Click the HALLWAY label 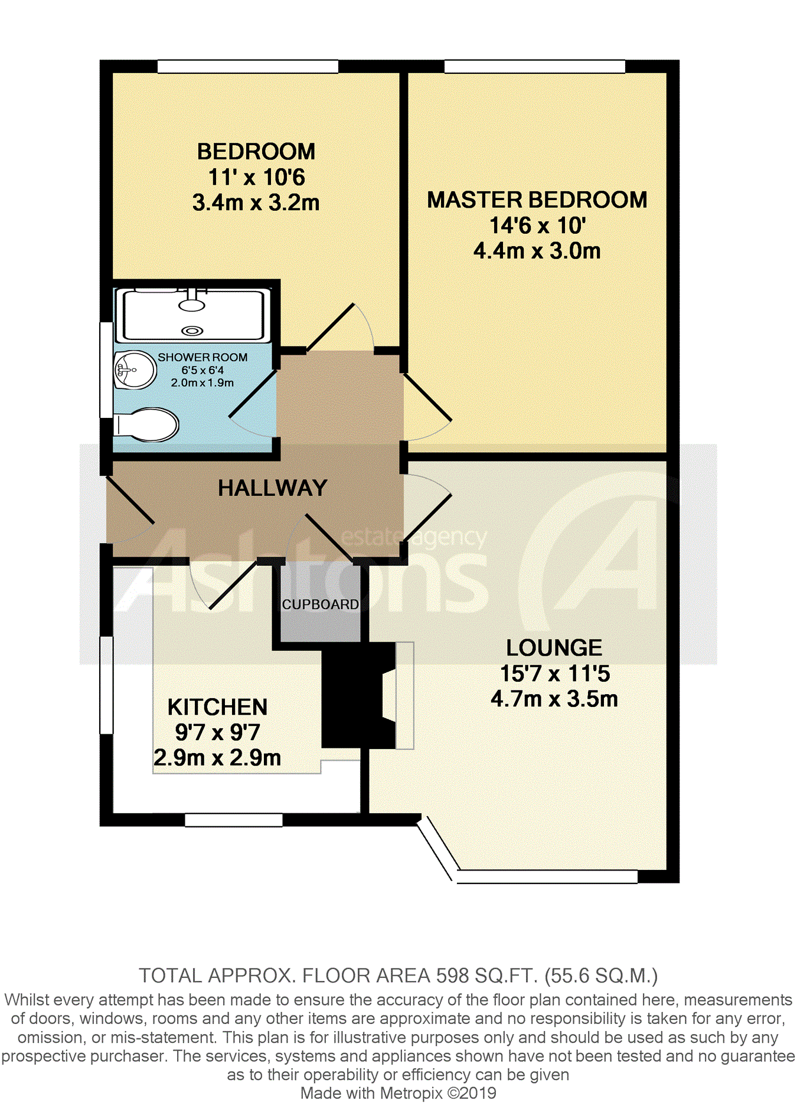[272, 488]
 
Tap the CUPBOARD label [320, 604]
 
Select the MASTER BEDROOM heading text [537, 199]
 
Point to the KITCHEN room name [217, 706]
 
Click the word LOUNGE [554, 647]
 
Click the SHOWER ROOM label [202, 357]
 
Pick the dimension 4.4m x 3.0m [537, 251]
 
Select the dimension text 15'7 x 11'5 [555, 673]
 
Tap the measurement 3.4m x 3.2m [256, 202]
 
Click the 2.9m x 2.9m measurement [217, 757]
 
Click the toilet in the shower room [146, 424]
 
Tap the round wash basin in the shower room [135, 370]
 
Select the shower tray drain [192, 331]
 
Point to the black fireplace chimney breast [358, 696]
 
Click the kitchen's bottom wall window [234, 820]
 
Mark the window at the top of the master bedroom [535, 66]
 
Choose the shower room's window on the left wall [106, 370]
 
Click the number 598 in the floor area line [450, 976]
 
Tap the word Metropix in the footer [411, 1093]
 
